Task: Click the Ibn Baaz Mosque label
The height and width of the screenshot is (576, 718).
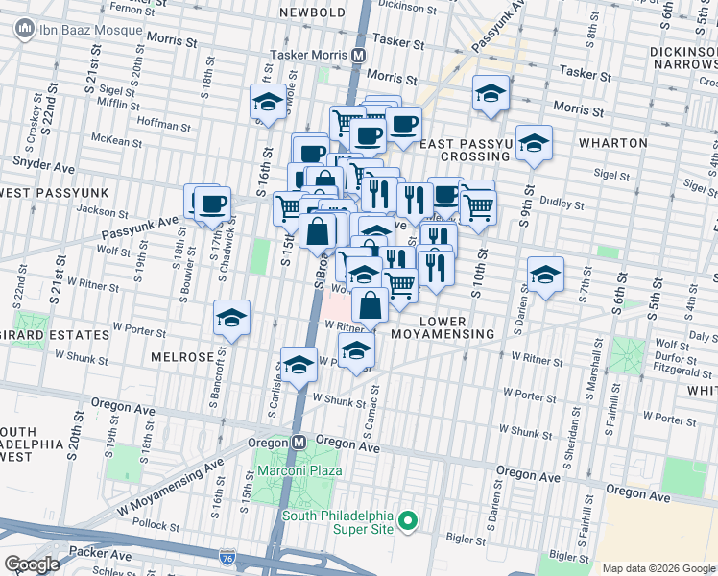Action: (90, 30)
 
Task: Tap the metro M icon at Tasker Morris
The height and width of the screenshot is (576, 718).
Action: (358, 55)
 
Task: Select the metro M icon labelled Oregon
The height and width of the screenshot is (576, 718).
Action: (299, 442)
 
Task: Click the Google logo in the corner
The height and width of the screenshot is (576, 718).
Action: (32, 564)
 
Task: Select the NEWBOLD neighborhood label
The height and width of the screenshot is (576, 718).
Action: (312, 12)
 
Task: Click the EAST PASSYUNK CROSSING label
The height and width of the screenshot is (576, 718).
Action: (476, 149)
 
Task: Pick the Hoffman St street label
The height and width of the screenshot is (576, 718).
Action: (165, 125)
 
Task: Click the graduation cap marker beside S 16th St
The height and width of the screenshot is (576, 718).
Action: (267, 102)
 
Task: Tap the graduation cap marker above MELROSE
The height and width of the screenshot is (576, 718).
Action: (231, 318)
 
